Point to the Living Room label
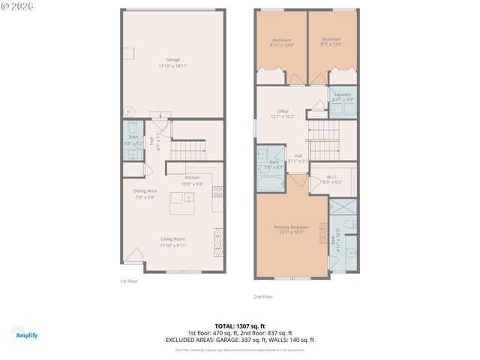(172, 241)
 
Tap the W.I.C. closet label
(331, 179)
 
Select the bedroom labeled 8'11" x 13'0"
(282, 42)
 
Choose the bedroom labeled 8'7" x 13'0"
(331, 42)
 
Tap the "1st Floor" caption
(128, 281)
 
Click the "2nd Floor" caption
(263, 296)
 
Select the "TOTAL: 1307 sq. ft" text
(239, 326)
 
